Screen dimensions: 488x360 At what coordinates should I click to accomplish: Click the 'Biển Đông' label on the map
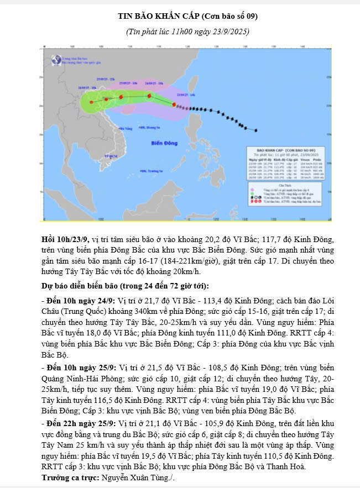pyautogui.click(x=164, y=143)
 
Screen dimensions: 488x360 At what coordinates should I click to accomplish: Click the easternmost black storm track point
pyautogui.click(x=256, y=130)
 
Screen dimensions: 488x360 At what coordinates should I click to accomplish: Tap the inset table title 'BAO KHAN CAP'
pyautogui.click(x=284, y=149)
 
